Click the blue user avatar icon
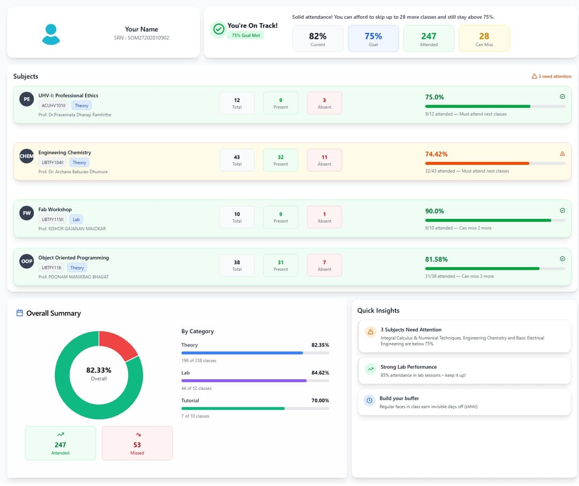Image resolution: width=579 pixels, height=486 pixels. [51, 34]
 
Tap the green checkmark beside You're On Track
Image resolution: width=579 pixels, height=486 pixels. [219, 30]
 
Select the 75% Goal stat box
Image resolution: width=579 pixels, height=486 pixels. [373, 39]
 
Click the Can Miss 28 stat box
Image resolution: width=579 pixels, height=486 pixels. [484, 39]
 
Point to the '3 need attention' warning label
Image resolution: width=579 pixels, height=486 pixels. [551, 76]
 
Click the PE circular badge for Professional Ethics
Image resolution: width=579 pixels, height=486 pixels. [27, 99]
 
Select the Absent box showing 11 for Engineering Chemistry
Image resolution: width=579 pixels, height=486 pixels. [324, 160]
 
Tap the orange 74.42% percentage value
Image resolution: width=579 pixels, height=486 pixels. [436, 154]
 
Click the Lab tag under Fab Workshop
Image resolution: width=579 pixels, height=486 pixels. [77, 219]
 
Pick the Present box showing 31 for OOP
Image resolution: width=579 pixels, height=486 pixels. [280, 265]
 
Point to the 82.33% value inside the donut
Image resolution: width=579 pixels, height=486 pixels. [99, 370]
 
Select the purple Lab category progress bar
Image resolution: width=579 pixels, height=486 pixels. [244, 380]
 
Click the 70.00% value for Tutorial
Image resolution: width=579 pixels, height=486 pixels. [320, 400]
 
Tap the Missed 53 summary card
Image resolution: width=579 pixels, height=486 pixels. [137, 443]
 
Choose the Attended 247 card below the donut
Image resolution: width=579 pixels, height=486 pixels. [60, 443]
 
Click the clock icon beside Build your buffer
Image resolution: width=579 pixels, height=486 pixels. [369, 401]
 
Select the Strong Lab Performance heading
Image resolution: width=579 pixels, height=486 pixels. [408, 367]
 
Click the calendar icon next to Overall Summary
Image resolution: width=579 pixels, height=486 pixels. [20, 313]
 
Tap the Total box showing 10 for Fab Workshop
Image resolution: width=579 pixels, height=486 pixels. [237, 217]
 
